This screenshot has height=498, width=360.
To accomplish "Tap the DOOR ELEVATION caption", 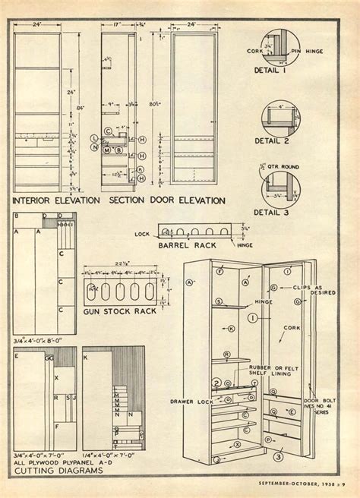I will click(193, 201).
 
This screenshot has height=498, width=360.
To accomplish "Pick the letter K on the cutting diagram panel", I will click(86, 355).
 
